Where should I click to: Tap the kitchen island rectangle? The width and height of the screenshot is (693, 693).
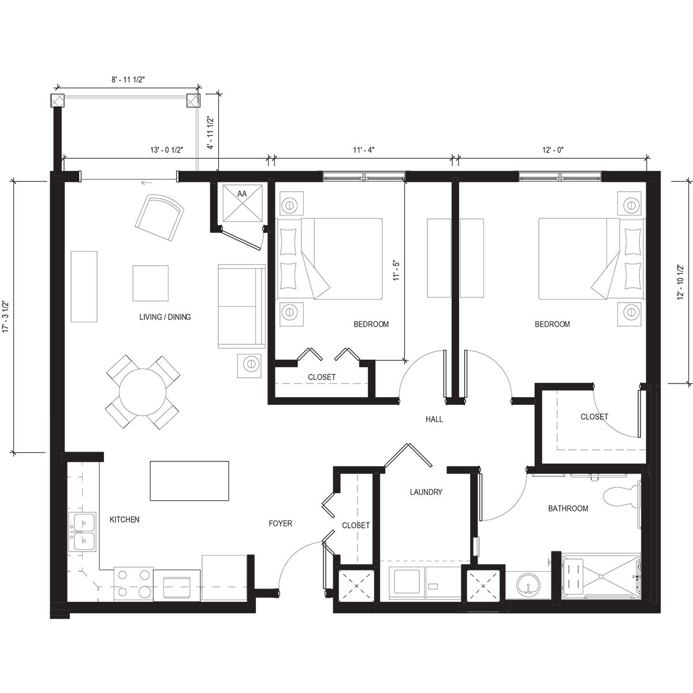(x=189, y=480)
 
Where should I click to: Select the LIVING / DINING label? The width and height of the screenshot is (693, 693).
(x=165, y=317)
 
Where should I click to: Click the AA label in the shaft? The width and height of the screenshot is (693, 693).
(x=242, y=195)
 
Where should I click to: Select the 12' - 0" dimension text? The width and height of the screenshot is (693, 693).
(x=553, y=150)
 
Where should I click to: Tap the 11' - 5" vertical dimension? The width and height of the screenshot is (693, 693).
(x=396, y=270)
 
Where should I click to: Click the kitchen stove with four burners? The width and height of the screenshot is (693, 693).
(x=134, y=583)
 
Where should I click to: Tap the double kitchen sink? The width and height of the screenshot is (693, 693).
(x=83, y=532)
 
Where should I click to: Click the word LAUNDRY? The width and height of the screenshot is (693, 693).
(x=426, y=493)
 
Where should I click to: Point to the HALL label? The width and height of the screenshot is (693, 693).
(x=434, y=419)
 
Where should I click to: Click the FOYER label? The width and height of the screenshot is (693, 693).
(x=280, y=523)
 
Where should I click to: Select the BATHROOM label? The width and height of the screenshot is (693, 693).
(x=568, y=508)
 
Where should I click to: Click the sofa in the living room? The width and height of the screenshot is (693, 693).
(x=241, y=306)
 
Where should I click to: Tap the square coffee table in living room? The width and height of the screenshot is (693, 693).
(x=151, y=283)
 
